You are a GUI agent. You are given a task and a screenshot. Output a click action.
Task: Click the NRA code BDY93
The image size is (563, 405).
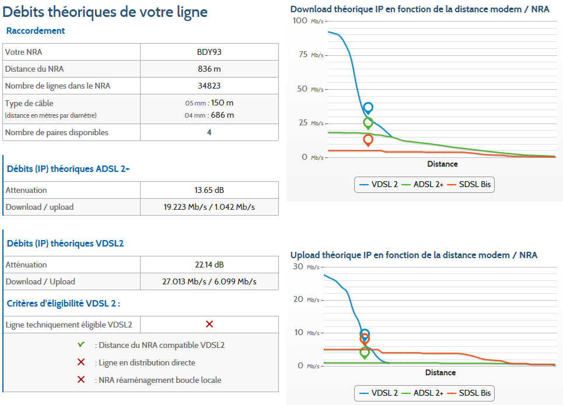[209, 52]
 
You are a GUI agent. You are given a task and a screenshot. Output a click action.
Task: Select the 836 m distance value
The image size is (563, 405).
[209, 69]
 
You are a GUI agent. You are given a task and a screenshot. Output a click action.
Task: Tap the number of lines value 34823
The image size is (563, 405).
[209, 86]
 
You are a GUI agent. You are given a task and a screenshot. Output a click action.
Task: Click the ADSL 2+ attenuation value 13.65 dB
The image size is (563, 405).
[209, 190]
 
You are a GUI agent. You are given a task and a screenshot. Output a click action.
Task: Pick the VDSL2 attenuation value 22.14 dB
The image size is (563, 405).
[209, 265]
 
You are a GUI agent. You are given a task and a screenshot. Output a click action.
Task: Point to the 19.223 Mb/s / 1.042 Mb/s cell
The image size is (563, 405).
[209, 207]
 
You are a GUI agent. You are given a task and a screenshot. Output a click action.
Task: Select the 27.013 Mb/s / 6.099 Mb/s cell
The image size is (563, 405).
[209, 281]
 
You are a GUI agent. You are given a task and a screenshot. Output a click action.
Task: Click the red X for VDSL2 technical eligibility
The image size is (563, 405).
[209, 324]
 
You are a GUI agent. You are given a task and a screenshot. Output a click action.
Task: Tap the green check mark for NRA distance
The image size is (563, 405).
[81, 345]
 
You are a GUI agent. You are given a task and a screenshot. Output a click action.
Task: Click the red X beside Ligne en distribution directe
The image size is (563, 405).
[81, 362]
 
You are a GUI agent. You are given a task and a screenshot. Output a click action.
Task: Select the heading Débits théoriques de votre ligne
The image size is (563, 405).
[105, 12]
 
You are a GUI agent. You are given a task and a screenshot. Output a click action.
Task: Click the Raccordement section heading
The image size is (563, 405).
[36, 31]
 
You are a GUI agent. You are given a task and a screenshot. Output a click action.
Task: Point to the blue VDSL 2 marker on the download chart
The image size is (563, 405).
[368, 108]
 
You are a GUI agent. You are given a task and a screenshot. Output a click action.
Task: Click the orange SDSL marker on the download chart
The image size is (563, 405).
[368, 140]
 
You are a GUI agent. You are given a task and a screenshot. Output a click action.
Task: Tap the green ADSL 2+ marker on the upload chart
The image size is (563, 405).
[365, 352]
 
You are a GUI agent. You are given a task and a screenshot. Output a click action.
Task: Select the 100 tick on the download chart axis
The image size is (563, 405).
[300, 21]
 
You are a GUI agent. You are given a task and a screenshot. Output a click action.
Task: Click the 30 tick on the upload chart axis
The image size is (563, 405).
[298, 266]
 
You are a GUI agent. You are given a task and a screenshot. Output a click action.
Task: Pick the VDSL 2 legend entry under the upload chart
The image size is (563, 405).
[378, 393]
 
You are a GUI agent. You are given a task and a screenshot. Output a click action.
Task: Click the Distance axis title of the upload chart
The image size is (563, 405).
[440, 372]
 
